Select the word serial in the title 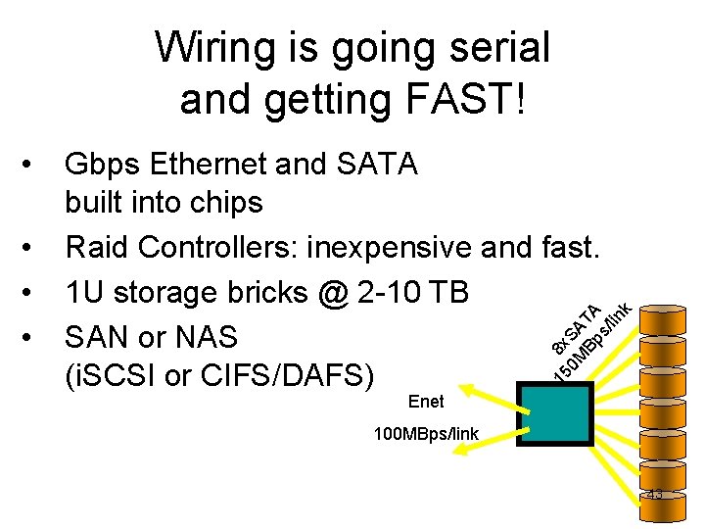click(499, 47)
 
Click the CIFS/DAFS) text click(285, 375)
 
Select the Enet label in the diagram click(426, 402)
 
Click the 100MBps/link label click(427, 433)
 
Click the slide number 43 click(653, 495)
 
